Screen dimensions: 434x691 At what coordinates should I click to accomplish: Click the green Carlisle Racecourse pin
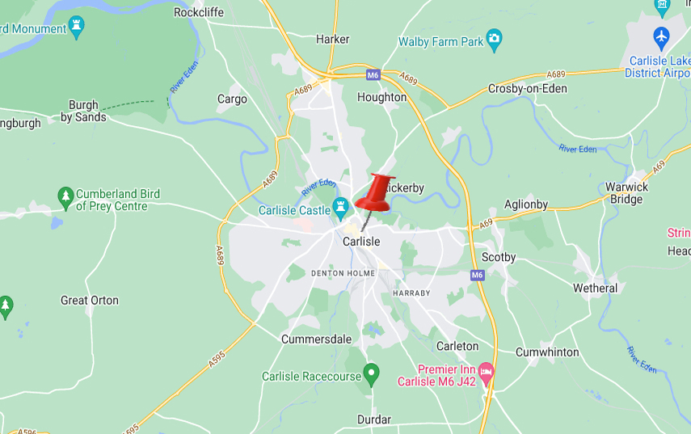(x=371, y=375)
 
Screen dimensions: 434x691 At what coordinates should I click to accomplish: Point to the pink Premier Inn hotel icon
(x=486, y=373)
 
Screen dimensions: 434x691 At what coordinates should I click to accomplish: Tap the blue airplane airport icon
(x=662, y=37)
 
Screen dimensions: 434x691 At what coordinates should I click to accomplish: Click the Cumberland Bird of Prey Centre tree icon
(x=65, y=196)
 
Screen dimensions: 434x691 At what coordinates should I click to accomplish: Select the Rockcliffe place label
(x=199, y=12)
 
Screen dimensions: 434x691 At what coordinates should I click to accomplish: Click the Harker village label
(x=333, y=39)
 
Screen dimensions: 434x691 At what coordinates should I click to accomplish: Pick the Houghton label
(x=381, y=97)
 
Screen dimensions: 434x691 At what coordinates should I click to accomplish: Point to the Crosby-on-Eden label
(x=527, y=88)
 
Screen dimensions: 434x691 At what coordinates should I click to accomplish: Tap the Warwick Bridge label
(x=627, y=193)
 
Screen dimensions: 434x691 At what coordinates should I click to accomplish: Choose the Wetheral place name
(x=595, y=288)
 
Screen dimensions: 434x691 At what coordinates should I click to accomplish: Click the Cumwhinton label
(x=547, y=352)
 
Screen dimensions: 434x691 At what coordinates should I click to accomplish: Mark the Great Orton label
(x=90, y=300)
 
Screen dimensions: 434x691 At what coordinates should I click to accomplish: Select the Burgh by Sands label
(x=83, y=111)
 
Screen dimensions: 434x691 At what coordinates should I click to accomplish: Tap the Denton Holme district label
(x=343, y=273)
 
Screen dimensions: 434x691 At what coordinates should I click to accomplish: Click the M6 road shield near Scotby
(x=478, y=275)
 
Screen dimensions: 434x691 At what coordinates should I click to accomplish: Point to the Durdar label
(x=374, y=419)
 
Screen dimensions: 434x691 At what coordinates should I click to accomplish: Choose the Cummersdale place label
(x=316, y=339)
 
